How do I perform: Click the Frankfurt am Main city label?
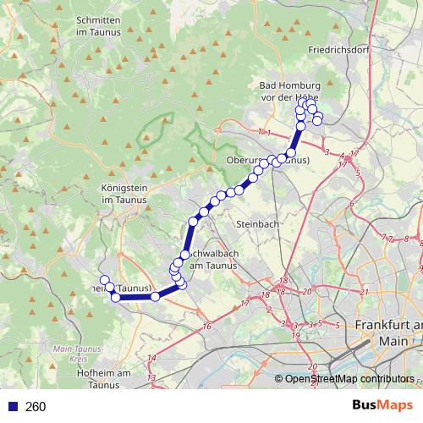389,332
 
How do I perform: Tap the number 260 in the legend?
36,406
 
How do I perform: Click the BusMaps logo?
390,406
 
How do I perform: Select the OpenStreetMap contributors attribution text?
349,380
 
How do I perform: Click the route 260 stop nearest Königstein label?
193,222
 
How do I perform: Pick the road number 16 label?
206,326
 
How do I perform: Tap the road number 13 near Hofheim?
151,376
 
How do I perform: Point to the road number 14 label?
151,359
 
